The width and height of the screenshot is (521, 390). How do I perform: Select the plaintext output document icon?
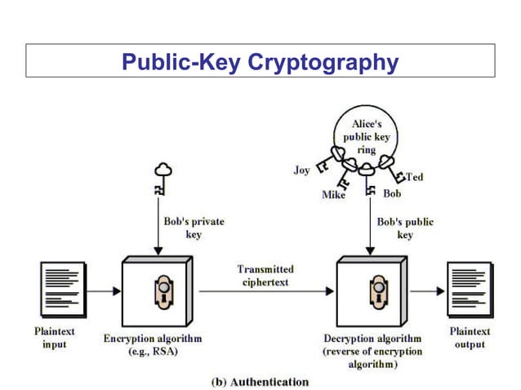[470, 289]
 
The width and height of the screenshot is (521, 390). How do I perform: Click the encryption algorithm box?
[156, 289]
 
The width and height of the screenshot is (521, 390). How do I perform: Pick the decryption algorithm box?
[372, 289]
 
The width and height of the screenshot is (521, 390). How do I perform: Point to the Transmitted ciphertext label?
[265, 275]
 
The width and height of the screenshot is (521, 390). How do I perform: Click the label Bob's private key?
[194, 227]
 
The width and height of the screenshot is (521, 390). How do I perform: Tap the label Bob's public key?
[405, 227]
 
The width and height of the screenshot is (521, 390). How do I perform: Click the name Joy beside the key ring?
[301, 171]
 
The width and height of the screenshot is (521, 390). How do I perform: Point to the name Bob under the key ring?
[392, 194]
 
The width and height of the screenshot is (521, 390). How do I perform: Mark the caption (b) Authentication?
[260, 381]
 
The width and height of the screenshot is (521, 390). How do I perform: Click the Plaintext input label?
[55, 338]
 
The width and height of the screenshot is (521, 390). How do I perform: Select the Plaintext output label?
[470, 338]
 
